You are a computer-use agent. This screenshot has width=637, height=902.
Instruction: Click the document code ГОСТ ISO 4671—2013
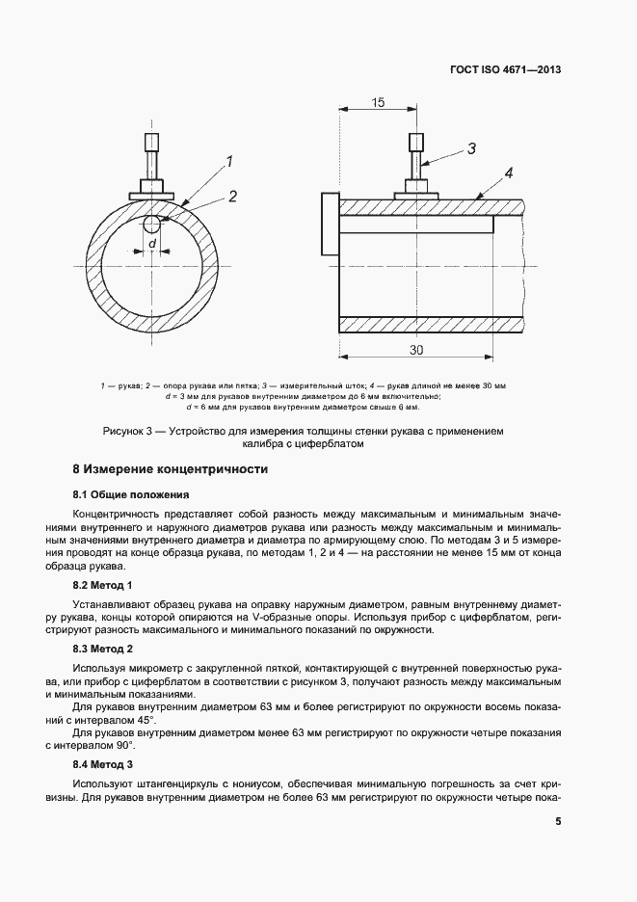tap(505, 70)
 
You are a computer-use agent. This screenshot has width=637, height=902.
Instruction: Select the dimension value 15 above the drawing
tap(378, 102)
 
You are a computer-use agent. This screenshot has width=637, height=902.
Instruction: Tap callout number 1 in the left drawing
tap(229, 161)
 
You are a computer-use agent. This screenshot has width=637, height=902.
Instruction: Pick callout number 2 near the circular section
tap(232, 197)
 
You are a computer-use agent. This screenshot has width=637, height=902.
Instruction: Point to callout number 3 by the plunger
tap(472, 148)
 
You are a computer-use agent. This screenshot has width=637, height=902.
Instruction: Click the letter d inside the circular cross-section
tap(152, 243)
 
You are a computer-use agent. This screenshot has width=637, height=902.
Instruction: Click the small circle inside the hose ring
tap(151, 225)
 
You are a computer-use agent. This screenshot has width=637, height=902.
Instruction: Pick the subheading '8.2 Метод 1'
tap(103, 585)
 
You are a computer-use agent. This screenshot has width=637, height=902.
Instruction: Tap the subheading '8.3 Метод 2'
tap(103, 649)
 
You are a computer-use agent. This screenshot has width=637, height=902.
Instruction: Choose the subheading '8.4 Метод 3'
tap(103, 763)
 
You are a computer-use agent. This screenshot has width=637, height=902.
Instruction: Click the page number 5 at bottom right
tap(558, 822)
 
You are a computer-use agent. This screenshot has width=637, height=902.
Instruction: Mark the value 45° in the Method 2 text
tap(144, 720)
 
